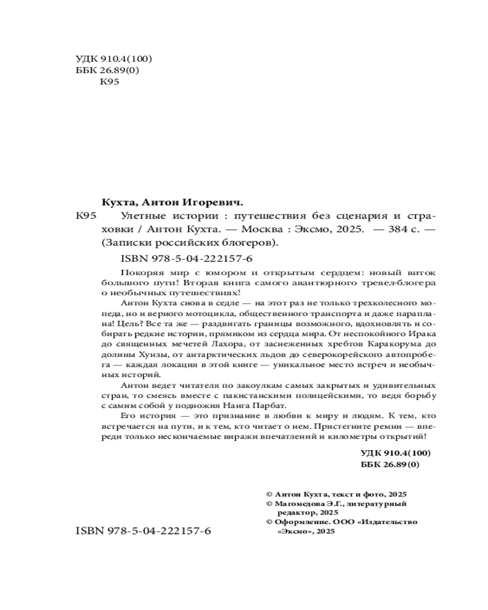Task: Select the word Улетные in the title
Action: [139, 217]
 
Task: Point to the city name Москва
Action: [263, 229]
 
